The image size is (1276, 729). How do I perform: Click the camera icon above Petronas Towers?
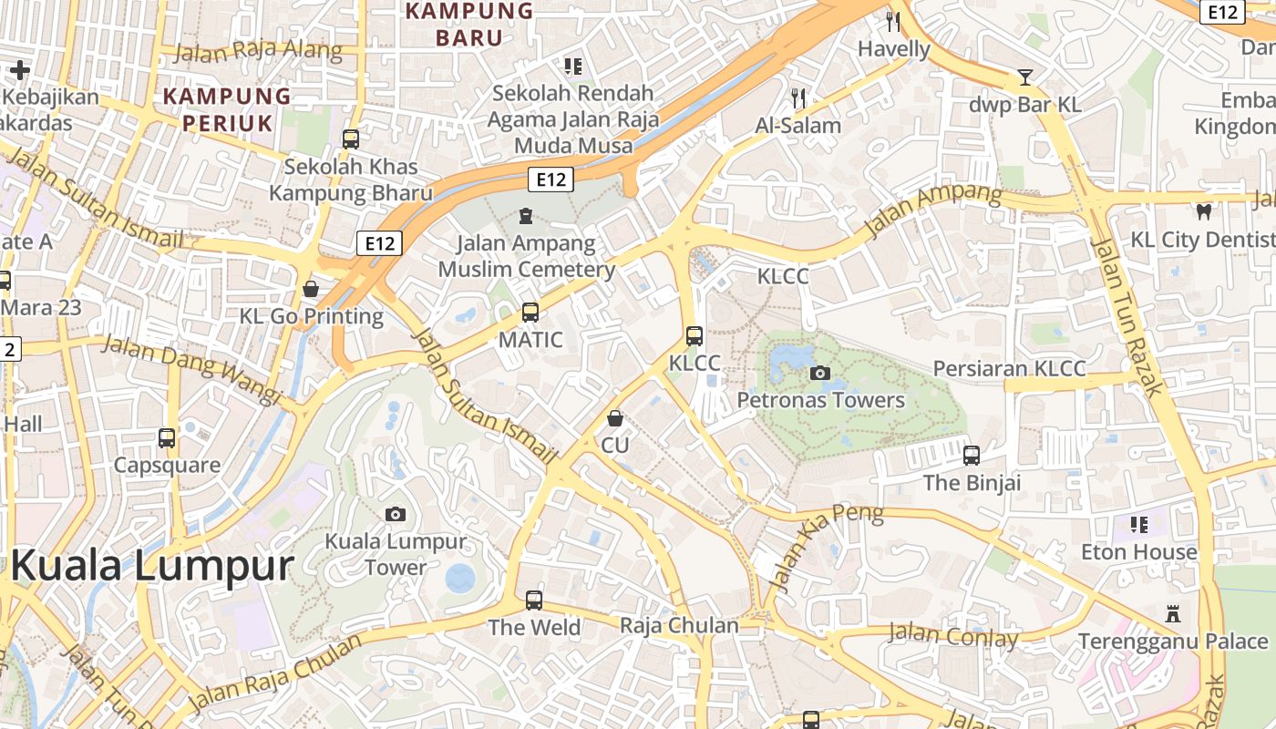click(819, 373)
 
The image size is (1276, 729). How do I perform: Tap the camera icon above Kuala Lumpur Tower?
click(395, 514)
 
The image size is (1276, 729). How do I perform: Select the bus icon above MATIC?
click(530, 313)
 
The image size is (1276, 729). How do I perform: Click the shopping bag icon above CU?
click(615, 418)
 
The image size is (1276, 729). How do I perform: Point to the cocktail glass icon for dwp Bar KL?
click(1025, 77)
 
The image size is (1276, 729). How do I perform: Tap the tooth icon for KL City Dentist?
click(1203, 212)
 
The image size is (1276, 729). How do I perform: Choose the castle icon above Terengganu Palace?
click(1173, 614)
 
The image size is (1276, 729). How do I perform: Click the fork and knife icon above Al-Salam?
click(798, 98)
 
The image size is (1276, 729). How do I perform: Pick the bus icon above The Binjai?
click(972, 455)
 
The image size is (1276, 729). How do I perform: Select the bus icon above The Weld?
click(534, 601)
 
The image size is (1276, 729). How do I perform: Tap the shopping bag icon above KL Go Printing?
click(311, 289)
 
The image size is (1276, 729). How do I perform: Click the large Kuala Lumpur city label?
click(152, 566)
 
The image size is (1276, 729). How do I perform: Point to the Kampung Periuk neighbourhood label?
click(227, 109)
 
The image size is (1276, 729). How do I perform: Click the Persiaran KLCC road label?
click(1009, 369)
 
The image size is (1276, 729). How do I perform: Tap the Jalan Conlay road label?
click(952, 635)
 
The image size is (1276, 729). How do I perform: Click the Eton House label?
click(1138, 552)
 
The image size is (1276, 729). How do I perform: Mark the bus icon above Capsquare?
click(167, 438)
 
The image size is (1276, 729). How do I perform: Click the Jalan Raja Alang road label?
click(258, 50)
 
